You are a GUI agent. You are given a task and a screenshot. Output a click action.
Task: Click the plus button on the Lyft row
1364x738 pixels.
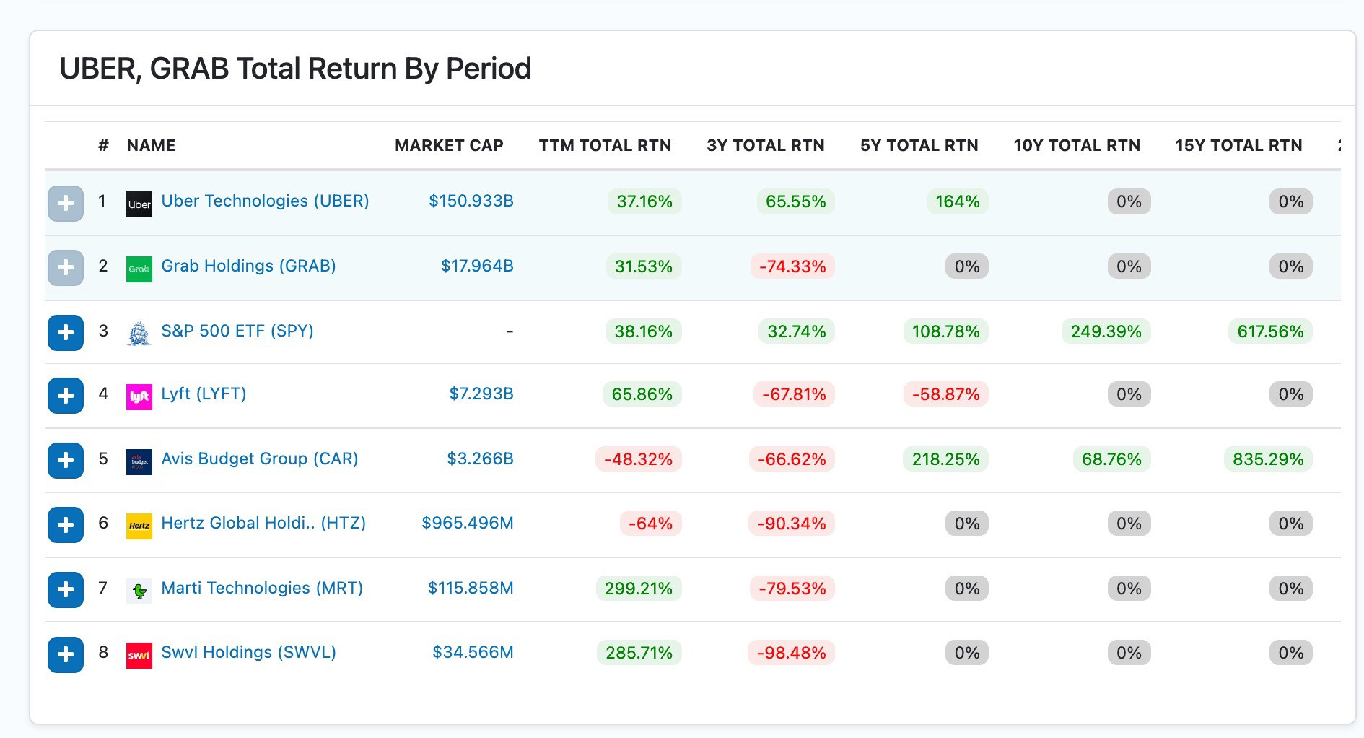(x=66, y=396)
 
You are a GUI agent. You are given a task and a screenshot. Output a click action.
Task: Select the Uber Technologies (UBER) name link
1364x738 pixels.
(x=265, y=201)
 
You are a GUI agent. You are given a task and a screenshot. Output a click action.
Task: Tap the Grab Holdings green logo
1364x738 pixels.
(x=139, y=269)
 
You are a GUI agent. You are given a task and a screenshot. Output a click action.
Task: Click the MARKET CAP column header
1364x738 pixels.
(x=449, y=145)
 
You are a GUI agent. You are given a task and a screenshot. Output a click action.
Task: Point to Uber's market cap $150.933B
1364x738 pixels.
(x=471, y=201)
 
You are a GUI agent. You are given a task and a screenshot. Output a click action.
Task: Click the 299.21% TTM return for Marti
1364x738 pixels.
(x=639, y=589)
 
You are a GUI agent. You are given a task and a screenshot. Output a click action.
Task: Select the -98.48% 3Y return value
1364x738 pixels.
(x=792, y=653)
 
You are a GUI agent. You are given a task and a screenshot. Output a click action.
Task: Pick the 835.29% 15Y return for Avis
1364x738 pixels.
(x=1268, y=459)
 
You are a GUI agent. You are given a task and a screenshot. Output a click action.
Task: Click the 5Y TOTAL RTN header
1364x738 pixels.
(x=919, y=145)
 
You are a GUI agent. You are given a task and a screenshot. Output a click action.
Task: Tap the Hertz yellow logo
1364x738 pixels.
(x=139, y=526)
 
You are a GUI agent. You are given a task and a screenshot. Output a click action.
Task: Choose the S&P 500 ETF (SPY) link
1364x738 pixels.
(x=237, y=331)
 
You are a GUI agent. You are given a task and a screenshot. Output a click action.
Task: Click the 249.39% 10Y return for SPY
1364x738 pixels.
(x=1106, y=331)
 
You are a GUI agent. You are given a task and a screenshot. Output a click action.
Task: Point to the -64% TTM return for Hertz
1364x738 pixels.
(x=650, y=524)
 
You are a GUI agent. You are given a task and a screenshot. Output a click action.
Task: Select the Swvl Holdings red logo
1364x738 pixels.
(x=139, y=656)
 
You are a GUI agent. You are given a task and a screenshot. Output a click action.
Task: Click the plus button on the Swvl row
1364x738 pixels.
(x=66, y=655)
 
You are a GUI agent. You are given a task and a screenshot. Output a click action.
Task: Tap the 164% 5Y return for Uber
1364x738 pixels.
(x=958, y=201)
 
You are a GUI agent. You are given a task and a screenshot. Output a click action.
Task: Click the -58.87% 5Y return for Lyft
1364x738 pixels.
(x=946, y=394)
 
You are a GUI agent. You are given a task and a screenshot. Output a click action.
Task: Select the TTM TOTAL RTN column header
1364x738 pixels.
(x=605, y=145)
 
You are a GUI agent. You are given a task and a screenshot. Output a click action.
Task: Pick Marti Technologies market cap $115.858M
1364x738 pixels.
(x=471, y=588)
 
